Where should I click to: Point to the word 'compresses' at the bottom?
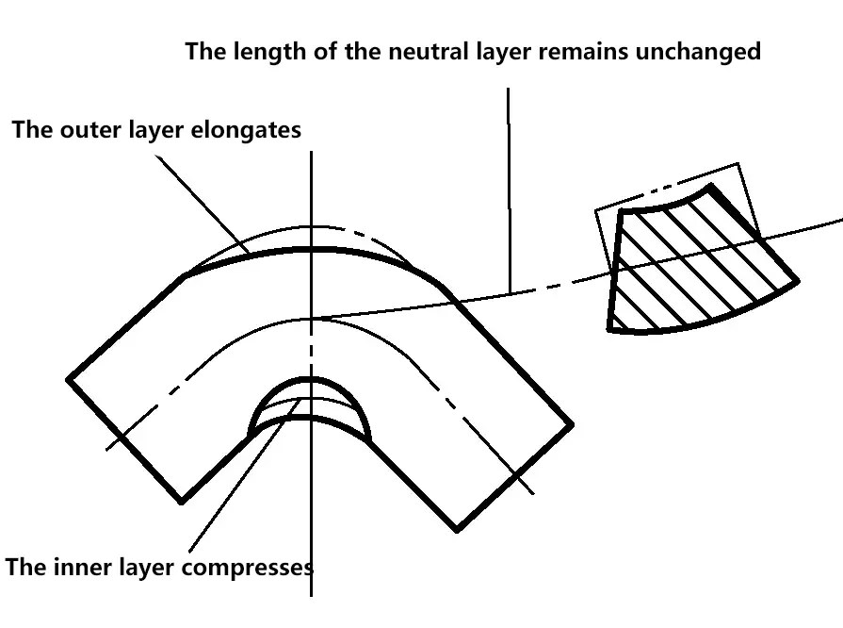pyautogui.click(x=257, y=568)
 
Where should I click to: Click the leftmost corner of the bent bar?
pyautogui.click(x=69, y=380)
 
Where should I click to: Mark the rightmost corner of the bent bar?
pyautogui.click(x=573, y=423)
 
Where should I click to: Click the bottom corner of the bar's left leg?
pyautogui.click(x=181, y=501)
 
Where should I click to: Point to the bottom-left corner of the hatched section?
pyautogui.click(x=612, y=329)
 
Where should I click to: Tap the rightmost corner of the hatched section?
pyautogui.click(x=798, y=280)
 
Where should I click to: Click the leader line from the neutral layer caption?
pyautogui.click(x=509, y=189)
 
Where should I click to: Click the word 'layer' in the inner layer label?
pyautogui.click(x=142, y=568)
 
